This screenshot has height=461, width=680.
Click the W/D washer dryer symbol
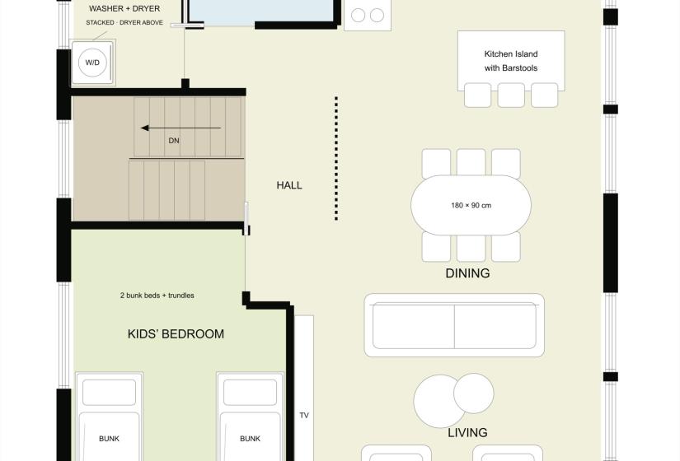[x=92, y=63]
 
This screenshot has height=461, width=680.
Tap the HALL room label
[x=289, y=185]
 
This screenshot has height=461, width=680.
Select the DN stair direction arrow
[x=181, y=128]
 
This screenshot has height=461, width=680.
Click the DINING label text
[x=467, y=273]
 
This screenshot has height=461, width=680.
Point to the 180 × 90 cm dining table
[x=471, y=205]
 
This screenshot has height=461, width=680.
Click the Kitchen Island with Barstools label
[x=511, y=61]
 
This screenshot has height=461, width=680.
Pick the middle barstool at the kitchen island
[x=511, y=95]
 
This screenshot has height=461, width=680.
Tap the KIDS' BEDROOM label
[x=176, y=334]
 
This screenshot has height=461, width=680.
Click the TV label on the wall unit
[x=304, y=416]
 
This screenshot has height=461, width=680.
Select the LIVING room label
[x=467, y=432]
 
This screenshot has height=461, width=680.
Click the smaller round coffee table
[x=474, y=393]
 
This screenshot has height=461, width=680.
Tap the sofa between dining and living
[x=454, y=325]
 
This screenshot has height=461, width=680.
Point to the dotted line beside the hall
[x=336, y=159]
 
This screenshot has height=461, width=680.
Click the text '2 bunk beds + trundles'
[x=157, y=296]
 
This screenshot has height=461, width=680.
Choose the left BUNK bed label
[x=109, y=439]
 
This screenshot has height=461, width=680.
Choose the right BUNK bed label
[x=251, y=439]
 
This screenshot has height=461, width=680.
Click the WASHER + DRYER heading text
[x=124, y=9]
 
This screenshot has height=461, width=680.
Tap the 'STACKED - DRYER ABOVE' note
[x=124, y=22]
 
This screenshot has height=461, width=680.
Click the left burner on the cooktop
[x=358, y=15]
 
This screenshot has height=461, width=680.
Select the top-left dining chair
[x=436, y=163]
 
